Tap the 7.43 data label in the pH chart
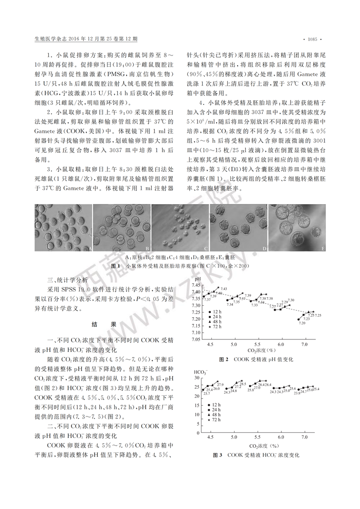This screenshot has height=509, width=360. click(x=224, y=289)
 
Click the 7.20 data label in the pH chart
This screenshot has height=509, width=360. click(x=301, y=323)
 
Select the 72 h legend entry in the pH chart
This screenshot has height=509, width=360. click(x=215, y=327)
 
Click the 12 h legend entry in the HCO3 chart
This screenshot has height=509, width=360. click(x=215, y=405)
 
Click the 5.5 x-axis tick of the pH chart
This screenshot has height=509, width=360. click(x=257, y=345)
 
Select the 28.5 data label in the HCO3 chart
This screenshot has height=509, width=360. click(x=243, y=384)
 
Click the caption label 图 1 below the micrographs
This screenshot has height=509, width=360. click(x=115, y=266)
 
